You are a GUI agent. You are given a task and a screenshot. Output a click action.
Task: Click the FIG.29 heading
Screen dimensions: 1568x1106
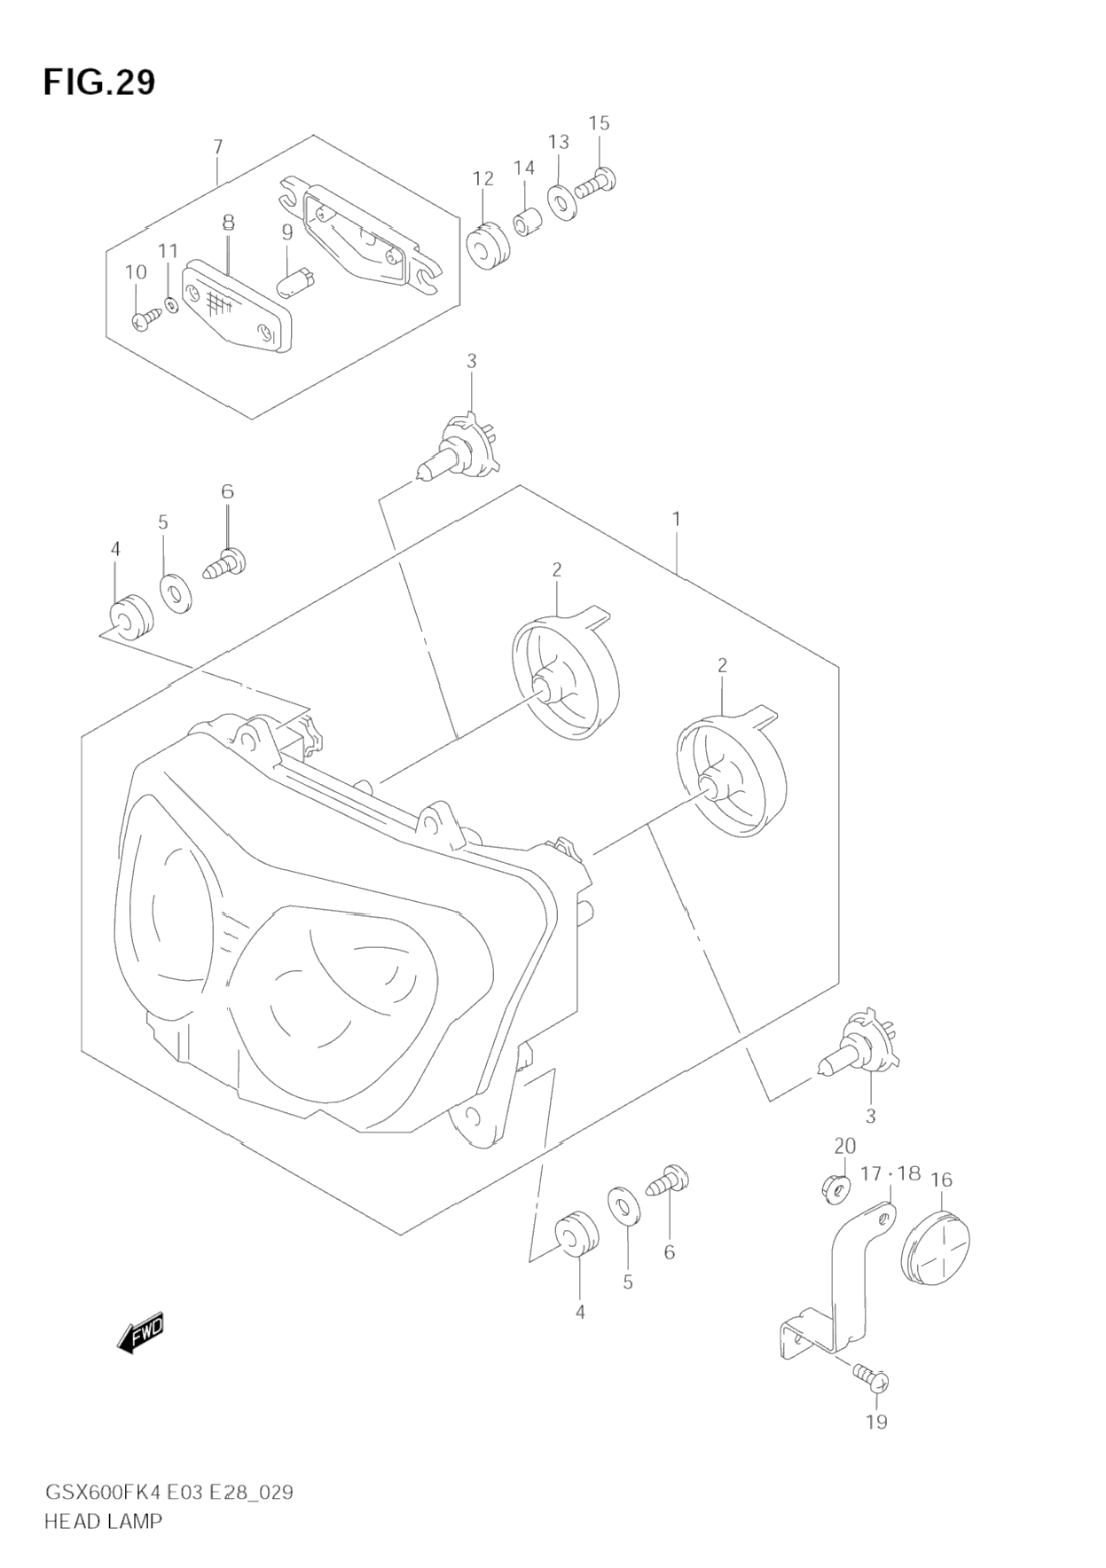(x=98, y=82)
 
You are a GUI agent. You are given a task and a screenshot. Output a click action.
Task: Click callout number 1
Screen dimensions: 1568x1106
(x=676, y=518)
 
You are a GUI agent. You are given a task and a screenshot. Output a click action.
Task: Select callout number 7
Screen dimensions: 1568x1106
(x=218, y=146)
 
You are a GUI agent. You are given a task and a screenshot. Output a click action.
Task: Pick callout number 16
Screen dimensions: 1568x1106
(x=941, y=1179)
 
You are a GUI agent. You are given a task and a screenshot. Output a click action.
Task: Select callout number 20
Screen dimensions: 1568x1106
(x=844, y=1145)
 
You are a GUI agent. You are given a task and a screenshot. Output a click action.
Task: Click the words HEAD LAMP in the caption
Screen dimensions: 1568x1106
(x=103, y=1520)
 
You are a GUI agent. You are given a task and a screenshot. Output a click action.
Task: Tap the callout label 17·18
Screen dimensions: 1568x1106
(x=890, y=1174)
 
